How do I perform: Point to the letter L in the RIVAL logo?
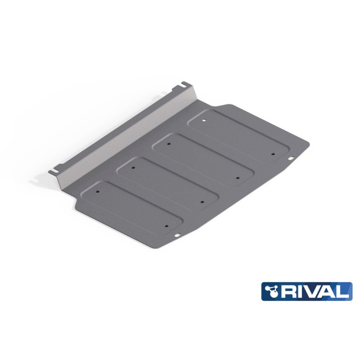pyautogui.click(x=343, y=291)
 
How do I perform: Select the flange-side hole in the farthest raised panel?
pyautogui.click(x=203, y=120)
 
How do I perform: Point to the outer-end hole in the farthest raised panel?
pyautogui.click(x=272, y=154)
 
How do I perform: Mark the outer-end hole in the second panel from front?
pyautogui.click(x=202, y=201)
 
